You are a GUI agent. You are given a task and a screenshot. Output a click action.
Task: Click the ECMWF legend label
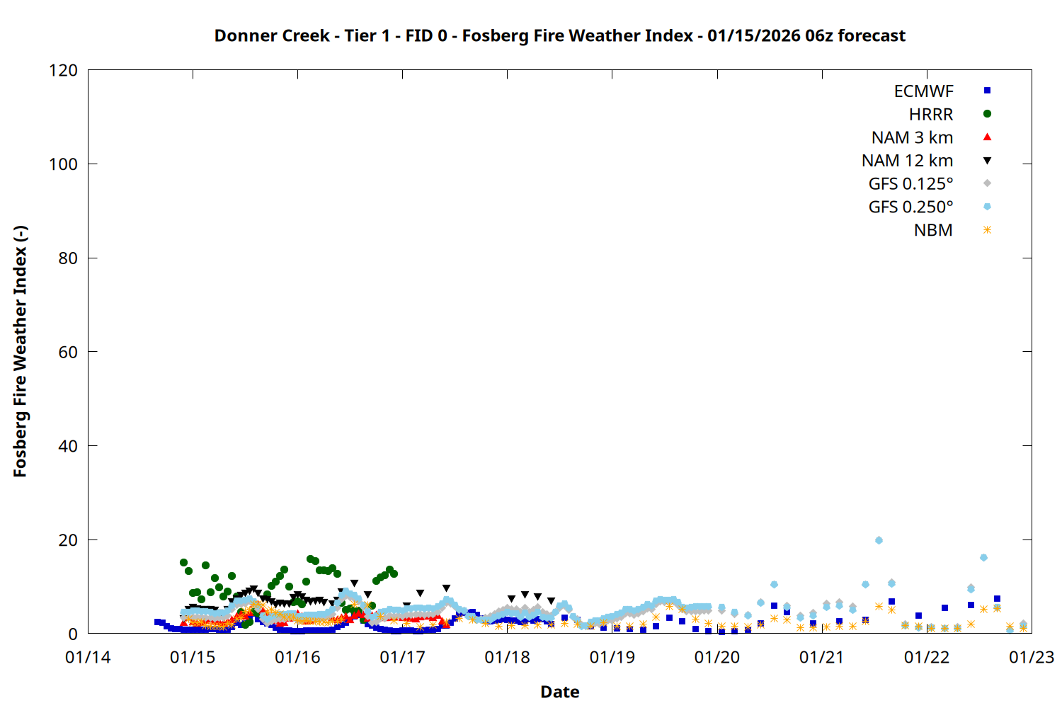pos(923,91)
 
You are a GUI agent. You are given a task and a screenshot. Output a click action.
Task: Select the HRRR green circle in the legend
pos(987,114)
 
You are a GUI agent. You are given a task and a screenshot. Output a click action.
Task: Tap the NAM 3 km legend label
pos(912,137)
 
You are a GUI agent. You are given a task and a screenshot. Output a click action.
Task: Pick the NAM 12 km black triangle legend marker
pos(987,161)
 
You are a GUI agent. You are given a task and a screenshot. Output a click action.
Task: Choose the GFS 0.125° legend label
pos(910,184)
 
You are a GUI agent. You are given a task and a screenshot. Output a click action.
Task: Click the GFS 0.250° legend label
pos(910,207)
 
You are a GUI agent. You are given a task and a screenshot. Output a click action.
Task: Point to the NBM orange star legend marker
pos(987,230)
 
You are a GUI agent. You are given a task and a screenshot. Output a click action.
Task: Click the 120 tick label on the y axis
pos(63,71)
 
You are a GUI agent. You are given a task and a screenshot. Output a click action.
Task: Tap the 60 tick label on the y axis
pos(68,352)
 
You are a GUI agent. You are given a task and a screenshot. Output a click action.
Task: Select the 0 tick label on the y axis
pos(73,634)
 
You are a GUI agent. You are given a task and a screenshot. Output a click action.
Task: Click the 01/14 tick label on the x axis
pos(88,658)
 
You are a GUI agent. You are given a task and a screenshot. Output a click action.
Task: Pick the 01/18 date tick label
pos(507,658)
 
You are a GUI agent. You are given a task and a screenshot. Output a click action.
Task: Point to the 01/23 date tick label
pos(1031,658)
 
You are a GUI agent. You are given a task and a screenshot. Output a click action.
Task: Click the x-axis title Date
pos(559,692)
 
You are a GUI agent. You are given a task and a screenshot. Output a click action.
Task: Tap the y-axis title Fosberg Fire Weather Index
pos(20,352)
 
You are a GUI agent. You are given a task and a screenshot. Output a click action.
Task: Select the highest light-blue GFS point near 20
pos(879,540)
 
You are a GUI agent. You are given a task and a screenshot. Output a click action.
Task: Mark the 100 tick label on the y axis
pos(63,164)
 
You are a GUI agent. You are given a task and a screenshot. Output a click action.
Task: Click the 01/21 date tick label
pos(821,658)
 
